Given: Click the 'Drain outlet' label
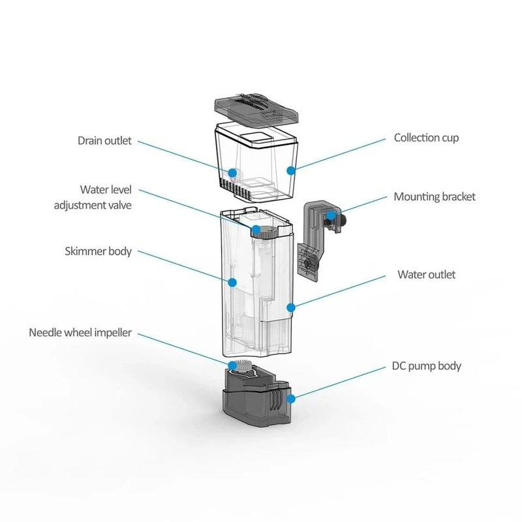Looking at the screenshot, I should [x=105, y=140].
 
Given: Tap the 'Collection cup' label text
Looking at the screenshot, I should [x=426, y=138].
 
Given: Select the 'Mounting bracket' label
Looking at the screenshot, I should [x=435, y=196].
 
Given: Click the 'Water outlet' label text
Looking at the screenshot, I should [x=426, y=275].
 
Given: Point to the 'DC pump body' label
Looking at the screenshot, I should [x=427, y=365].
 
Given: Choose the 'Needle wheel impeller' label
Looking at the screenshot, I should [x=80, y=333].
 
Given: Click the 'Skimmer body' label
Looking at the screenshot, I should [x=99, y=251].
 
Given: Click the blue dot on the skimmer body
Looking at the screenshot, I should [x=232, y=283].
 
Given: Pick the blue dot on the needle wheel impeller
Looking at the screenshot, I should [x=232, y=364].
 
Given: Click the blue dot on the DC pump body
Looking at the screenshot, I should [x=291, y=396].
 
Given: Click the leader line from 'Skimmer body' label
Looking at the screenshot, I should [x=183, y=267].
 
